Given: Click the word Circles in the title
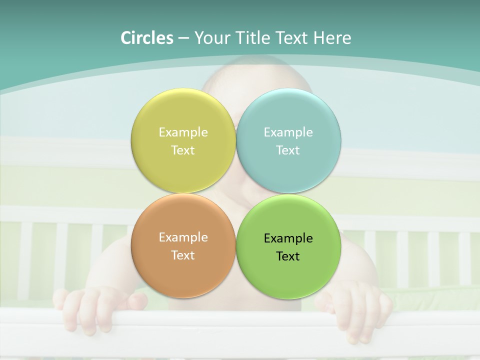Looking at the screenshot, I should tap(146, 38).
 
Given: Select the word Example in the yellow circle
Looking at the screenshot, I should tap(183, 132).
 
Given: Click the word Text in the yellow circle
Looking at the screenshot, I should tap(183, 150).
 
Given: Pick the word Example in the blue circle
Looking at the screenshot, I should tap(288, 132).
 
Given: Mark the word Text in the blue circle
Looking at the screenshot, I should tap(288, 150).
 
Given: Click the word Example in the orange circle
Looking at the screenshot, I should tap(183, 237).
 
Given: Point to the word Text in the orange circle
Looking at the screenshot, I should tap(183, 255).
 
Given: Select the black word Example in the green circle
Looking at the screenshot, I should tap(288, 238).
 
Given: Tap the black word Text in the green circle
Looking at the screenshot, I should tap(288, 256).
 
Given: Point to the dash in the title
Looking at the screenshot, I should tap(183, 38).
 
